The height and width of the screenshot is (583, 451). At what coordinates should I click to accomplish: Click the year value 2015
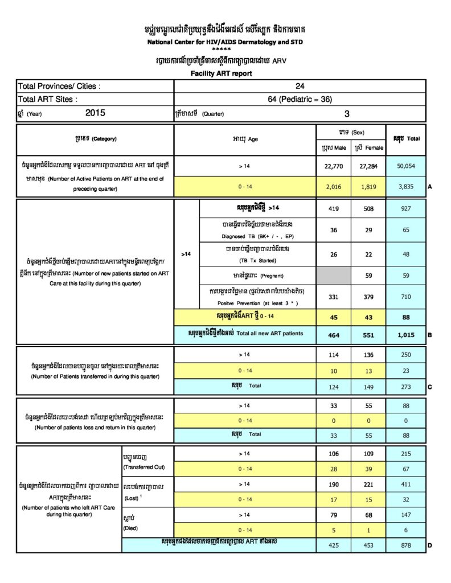pyautogui.click(x=96, y=113)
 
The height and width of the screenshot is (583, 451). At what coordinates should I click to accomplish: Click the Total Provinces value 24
pyautogui.click(x=300, y=86)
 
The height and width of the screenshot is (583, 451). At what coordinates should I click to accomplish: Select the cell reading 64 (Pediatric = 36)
pyautogui.click(x=300, y=99)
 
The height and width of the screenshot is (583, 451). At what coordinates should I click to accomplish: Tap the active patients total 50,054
pyautogui.click(x=405, y=166)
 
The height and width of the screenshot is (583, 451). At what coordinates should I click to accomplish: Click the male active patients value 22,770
pyautogui.click(x=333, y=166)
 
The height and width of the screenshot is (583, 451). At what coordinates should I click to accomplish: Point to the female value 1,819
pyautogui.click(x=368, y=186)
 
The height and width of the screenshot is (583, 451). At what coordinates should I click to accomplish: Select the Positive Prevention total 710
pyautogui.click(x=405, y=297)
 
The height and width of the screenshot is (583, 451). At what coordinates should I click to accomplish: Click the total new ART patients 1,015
pyautogui.click(x=405, y=334)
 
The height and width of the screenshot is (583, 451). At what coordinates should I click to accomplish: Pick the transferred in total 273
pyautogui.click(x=405, y=387)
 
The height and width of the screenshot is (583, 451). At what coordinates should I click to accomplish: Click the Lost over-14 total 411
pyautogui.click(x=405, y=484)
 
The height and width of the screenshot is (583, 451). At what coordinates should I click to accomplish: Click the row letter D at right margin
pyautogui.click(x=429, y=545)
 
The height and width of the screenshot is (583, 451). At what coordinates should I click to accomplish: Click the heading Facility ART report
pyautogui.click(x=221, y=73)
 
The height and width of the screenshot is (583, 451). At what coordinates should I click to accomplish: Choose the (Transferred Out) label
pyautogui.click(x=143, y=467)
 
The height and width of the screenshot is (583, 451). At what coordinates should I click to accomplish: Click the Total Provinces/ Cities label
pyautogui.click(x=59, y=87)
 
